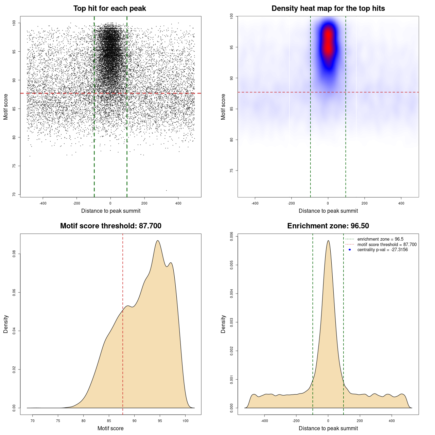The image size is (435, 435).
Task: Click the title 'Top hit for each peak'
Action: coord(109,8)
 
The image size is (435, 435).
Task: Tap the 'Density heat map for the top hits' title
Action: coord(328,8)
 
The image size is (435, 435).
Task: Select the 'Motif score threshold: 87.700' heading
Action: coord(110,226)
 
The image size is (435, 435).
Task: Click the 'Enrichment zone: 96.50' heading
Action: coord(328,226)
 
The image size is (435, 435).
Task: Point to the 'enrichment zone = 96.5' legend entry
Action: coord(380,239)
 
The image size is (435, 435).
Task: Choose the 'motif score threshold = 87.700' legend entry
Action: coord(387,245)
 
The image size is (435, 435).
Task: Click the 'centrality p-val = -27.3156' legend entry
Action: coord(382,250)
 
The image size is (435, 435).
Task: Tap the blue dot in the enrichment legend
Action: coord(350,250)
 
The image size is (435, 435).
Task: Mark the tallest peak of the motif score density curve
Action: coord(158,241)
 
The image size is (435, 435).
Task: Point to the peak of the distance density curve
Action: coord(328,241)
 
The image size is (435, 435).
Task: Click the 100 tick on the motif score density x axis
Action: coord(185,421)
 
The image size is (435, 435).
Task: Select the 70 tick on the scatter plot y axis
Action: coord(14,194)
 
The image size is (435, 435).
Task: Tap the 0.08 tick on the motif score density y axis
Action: coord(14,254)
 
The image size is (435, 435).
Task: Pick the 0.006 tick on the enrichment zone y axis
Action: coord(231,236)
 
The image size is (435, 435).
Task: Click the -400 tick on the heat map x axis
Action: coord(255,203)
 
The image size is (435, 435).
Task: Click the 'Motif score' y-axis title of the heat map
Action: coord(223,107)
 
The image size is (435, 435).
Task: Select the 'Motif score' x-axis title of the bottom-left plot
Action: coord(110,428)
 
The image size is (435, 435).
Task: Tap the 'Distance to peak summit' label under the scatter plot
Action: coord(111,211)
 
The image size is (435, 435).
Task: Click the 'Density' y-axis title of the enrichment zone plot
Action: coord(223,324)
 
